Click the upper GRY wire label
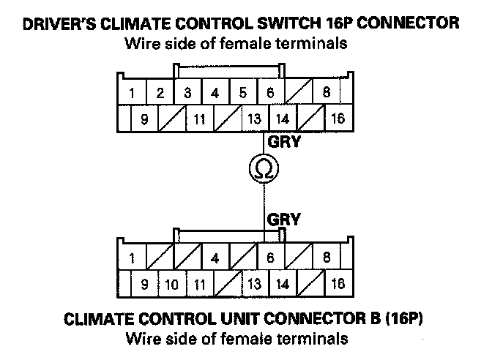pyautogui.click(x=284, y=142)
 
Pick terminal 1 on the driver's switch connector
pyautogui.click(x=132, y=94)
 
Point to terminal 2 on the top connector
pyautogui.click(x=159, y=94)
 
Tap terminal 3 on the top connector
pyautogui.click(x=187, y=94)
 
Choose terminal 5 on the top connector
pyautogui.click(x=242, y=94)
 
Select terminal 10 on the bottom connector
pyautogui.click(x=171, y=284)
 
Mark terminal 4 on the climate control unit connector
pyautogui.click(x=215, y=258)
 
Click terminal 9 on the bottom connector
pyautogui.click(x=144, y=284)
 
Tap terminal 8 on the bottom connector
pyautogui.click(x=326, y=258)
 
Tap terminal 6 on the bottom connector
pyautogui.click(x=269, y=258)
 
